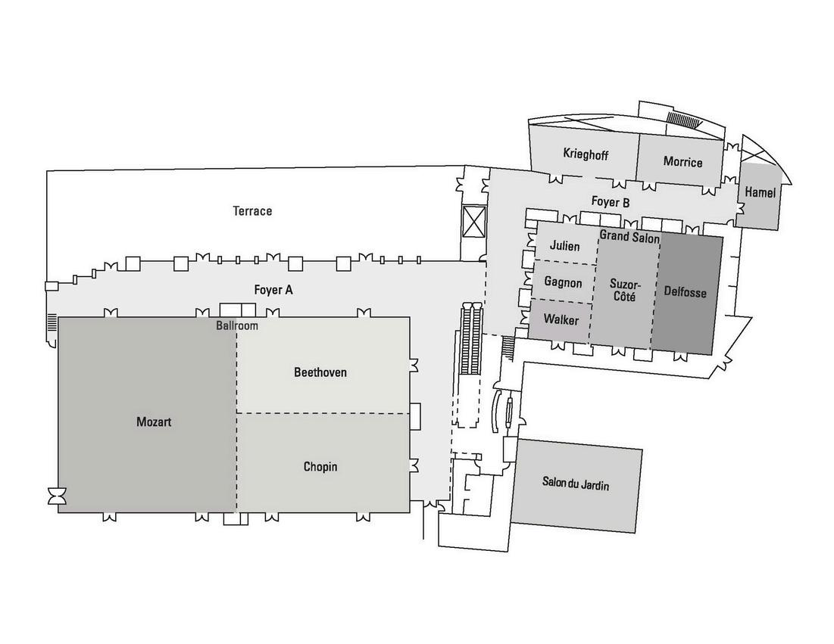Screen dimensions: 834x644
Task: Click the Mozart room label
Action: pos(154,422)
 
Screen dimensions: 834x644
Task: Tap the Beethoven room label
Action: pos(320,372)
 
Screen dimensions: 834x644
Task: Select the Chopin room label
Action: pos(320,466)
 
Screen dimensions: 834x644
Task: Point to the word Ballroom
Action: pos(237,326)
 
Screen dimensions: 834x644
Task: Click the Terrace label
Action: pos(252,211)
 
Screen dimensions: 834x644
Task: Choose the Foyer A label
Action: pos(273,289)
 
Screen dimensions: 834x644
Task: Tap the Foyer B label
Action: pos(611,202)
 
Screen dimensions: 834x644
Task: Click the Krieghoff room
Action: pos(586,154)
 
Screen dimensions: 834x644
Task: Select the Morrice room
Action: pos(683,161)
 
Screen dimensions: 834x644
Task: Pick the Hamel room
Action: pos(760,193)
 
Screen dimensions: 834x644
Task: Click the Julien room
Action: pos(565,246)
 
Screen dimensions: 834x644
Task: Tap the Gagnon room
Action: pos(564,283)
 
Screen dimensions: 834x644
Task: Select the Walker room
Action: pos(561,319)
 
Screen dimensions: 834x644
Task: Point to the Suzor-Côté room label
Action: pos(626,291)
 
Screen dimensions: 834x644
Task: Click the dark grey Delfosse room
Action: pos(685,291)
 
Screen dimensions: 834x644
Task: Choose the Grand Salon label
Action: pos(629,237)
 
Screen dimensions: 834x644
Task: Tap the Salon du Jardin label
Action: pos(576,484)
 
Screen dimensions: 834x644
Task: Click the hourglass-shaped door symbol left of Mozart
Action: pos(57,496)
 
